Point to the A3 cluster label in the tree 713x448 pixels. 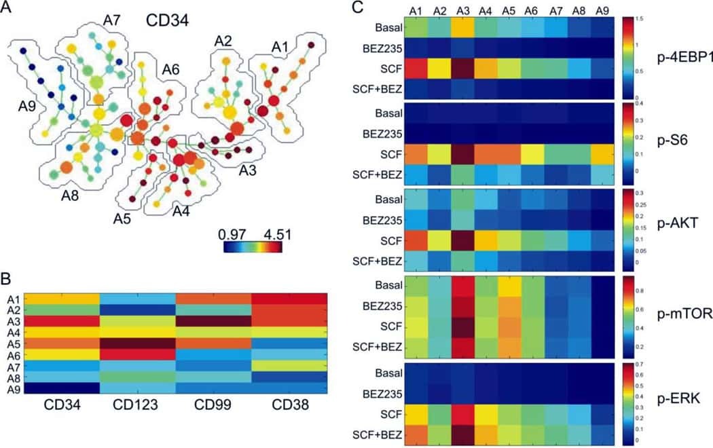(x=249, y=170)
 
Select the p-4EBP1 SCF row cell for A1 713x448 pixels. (x=416, y=69)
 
